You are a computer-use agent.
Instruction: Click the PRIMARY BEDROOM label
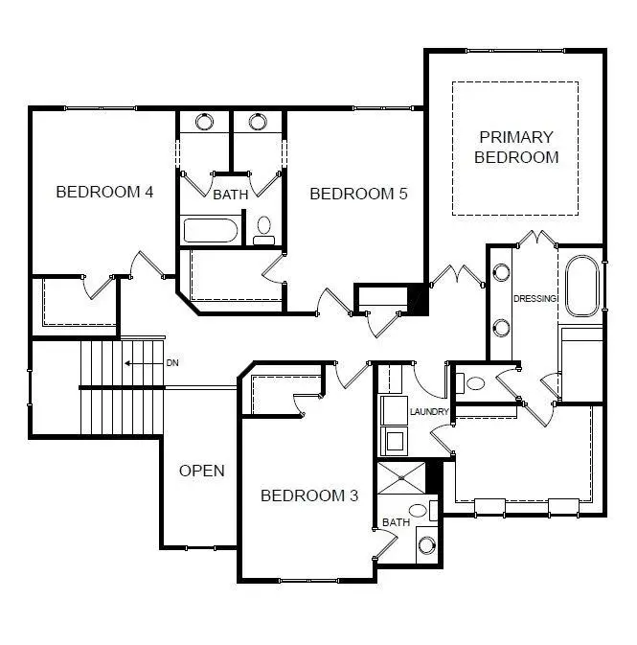516,148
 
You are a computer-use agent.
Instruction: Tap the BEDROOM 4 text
104,192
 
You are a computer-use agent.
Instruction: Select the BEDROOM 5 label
358,194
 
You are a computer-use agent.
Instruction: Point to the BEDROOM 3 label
309,495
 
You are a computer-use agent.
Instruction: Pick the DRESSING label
535,299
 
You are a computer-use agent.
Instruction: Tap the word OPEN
202,471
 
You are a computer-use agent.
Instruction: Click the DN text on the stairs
172,363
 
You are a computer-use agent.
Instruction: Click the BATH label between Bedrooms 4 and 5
230,195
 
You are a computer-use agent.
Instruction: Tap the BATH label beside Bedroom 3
396,522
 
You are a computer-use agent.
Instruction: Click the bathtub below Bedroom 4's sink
211,231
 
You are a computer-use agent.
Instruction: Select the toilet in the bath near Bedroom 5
264,230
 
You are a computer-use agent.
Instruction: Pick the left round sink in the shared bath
205,122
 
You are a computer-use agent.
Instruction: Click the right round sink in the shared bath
257,122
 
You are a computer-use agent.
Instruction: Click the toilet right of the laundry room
473,383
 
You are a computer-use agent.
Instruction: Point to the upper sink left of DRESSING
501,272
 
